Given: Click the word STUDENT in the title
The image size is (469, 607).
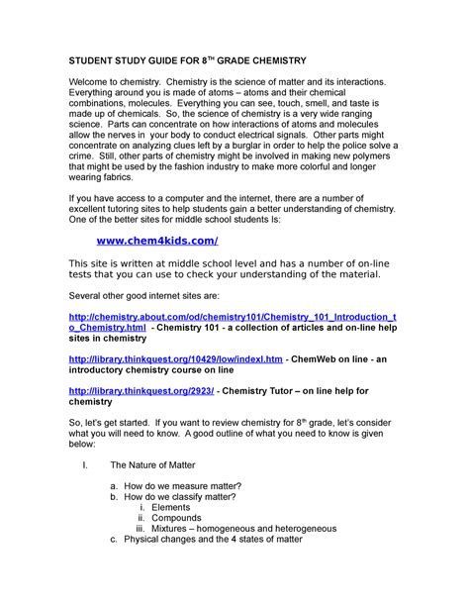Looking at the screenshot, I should tap(94, 61).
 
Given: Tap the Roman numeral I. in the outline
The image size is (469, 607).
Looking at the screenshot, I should tap(84, 464).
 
